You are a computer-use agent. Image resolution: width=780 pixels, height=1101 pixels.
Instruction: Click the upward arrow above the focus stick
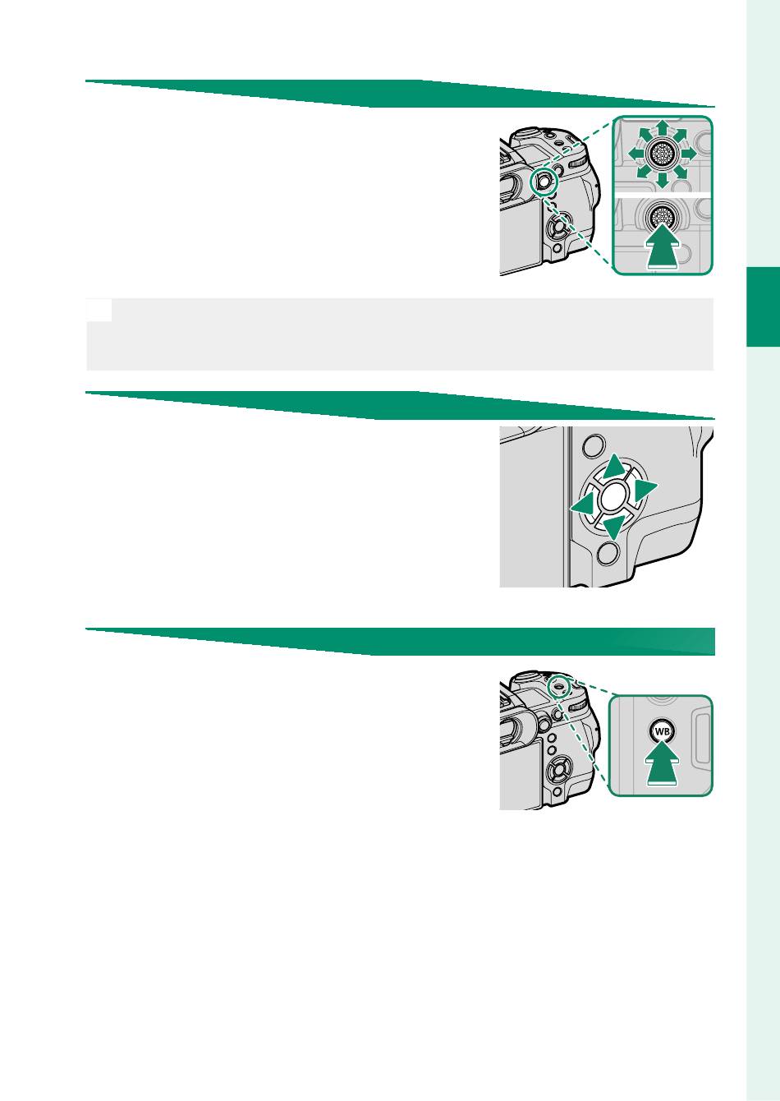pyautogui.click(x=662, y=131)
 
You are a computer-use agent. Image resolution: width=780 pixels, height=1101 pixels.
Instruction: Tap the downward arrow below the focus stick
pyautogui.click(x=662, y=180)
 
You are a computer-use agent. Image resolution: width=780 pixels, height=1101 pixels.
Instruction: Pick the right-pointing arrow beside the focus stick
pyautogui.click(x=688, y=154)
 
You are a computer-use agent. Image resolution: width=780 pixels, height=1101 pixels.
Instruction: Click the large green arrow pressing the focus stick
pyautogui.click(x=663, y=246)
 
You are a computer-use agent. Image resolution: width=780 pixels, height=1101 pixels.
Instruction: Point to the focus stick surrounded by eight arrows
pyautogui.click(x=662, y=154)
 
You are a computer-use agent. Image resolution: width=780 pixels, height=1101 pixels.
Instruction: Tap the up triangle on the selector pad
pyautogui.click(x=613, y=467)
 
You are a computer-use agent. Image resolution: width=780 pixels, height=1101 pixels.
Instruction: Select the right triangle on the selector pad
pyautogui.click(x=645, y=490)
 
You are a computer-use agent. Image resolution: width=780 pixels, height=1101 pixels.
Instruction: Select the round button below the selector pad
pyautogui.click(x=608, y=552)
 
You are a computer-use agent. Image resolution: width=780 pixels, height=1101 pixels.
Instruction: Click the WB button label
pyautogui.click(x=662, y=732)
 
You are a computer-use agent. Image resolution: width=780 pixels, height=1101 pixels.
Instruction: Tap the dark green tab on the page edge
pyautogui.click(x=763, y=307)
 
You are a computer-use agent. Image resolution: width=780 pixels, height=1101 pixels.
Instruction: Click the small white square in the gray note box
pyautogui.click(x=99, y=310)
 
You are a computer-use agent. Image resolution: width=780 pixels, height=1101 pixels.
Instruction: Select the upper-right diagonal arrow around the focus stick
pyautogui.click(x=681, y=137)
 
